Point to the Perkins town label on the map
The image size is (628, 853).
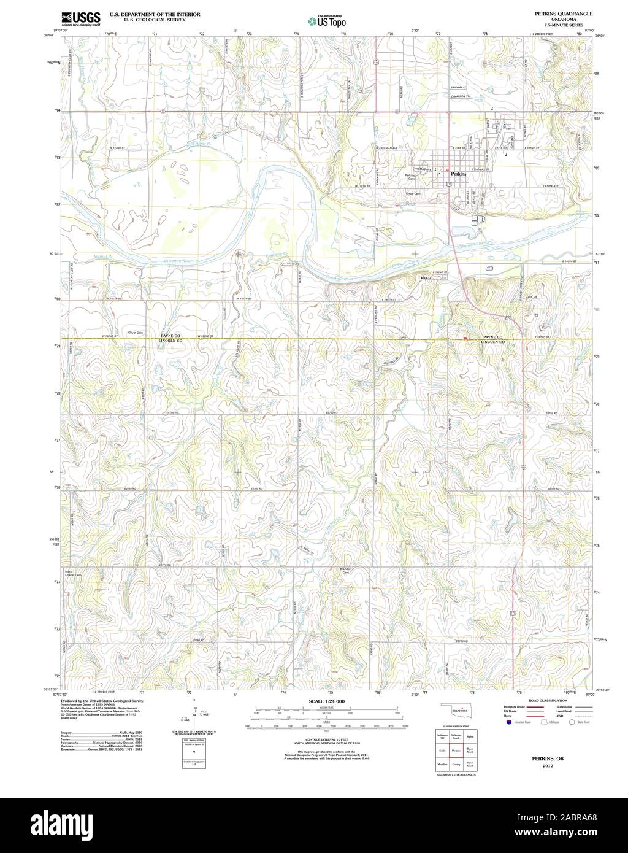459,174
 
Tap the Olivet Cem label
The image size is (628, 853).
135,333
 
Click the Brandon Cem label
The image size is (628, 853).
345,571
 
